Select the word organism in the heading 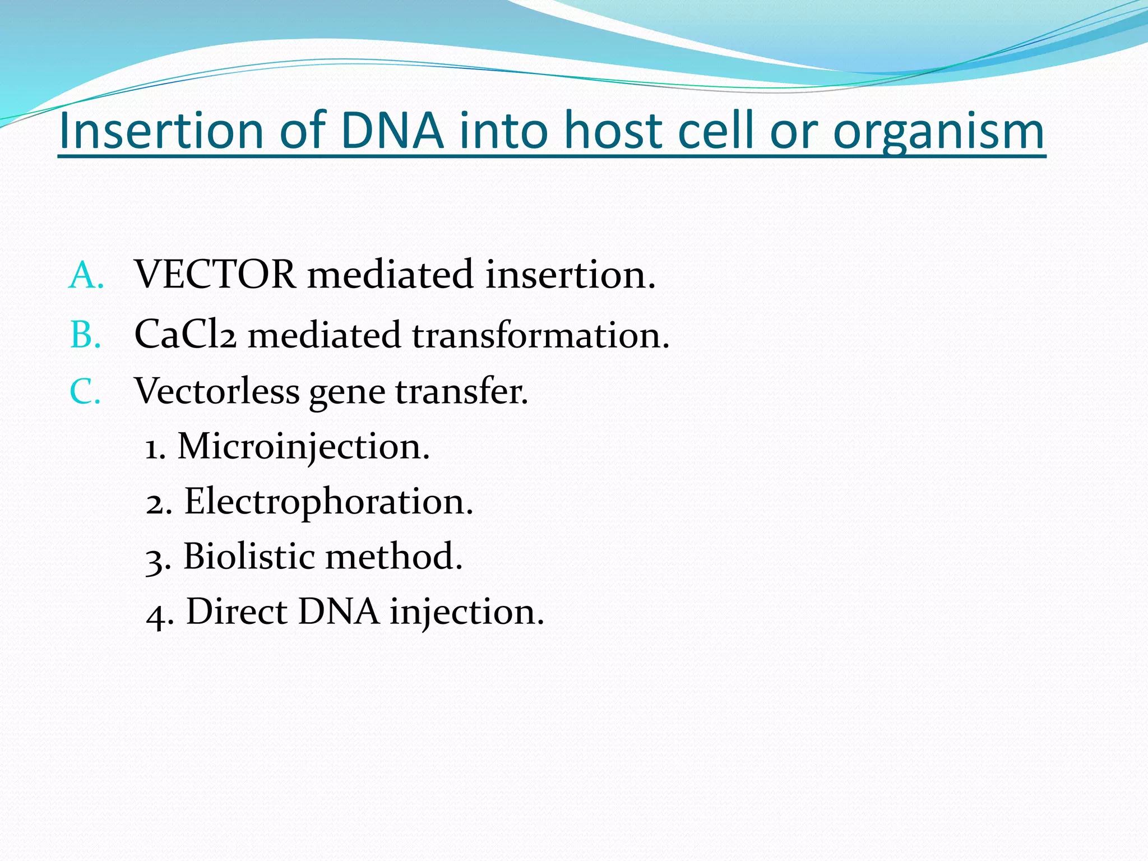tap(939, 133)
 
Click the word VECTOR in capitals tap(215, 275)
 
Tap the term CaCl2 tap(185, 335)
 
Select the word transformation tap(540, 335)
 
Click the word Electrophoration tap(328, 502)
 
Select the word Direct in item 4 tap(236, 611)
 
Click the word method tap(394, 556)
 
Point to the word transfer tap(461, 391)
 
